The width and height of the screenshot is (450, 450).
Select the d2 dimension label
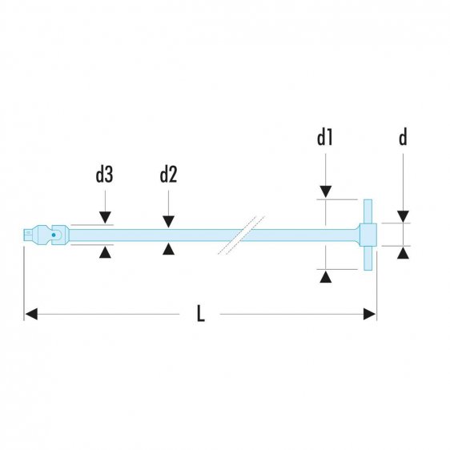tap(168, 175)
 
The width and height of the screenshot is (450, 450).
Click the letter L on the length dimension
tap(201, 315)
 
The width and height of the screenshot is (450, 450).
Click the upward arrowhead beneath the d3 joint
tap(105, 251)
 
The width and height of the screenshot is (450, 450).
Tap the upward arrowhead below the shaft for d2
tap(168, 250)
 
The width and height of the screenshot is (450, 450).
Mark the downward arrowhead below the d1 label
tap(325, 191)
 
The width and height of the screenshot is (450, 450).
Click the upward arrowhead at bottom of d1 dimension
tap(325, 276)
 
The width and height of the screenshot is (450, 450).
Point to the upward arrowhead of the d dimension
tap(404, 253)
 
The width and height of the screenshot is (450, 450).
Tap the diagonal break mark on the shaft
tap(239, 235)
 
